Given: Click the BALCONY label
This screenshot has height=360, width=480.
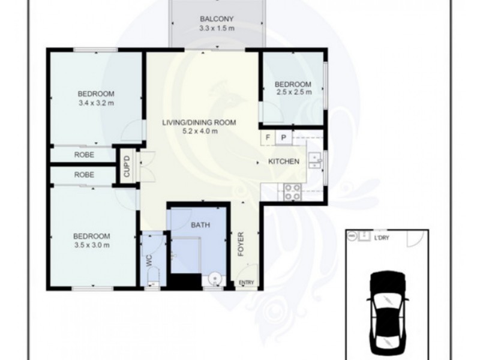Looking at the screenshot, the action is pos(217,19).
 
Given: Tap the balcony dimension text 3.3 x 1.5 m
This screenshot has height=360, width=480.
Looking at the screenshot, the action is pos(217,28).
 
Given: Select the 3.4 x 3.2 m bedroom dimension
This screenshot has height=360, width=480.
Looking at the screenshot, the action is pos(96,103).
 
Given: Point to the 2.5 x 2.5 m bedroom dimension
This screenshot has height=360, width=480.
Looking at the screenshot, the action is pos(294,92).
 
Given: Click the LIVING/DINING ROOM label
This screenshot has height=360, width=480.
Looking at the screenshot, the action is pos(199,123).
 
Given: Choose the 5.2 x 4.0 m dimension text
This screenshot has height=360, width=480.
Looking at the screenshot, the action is pos(200,131).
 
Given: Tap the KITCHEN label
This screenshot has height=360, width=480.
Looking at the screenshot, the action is pos(284,161).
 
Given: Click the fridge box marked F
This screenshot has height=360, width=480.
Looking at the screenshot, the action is pos(268,137).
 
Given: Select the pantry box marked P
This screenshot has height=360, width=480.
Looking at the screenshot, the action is pos(284,137).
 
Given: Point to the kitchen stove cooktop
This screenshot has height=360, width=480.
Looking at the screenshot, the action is pos(293,192).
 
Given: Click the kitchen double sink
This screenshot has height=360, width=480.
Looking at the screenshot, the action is pos(314,161).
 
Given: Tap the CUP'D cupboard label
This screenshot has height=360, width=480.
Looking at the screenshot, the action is pos(127,166).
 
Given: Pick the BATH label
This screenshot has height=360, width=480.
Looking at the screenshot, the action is pos(200,225).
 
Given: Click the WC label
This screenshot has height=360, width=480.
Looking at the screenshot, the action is pos(149,260).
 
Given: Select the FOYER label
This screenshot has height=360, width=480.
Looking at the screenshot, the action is pos(241,244).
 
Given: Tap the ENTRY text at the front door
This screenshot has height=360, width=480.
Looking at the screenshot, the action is pos(247,283).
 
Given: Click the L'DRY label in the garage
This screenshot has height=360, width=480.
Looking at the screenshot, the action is pos(382,238).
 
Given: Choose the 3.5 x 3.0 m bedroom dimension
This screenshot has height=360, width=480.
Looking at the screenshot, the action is pos(92,245).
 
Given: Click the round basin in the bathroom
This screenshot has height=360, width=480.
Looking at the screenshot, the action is pos(214,279).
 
